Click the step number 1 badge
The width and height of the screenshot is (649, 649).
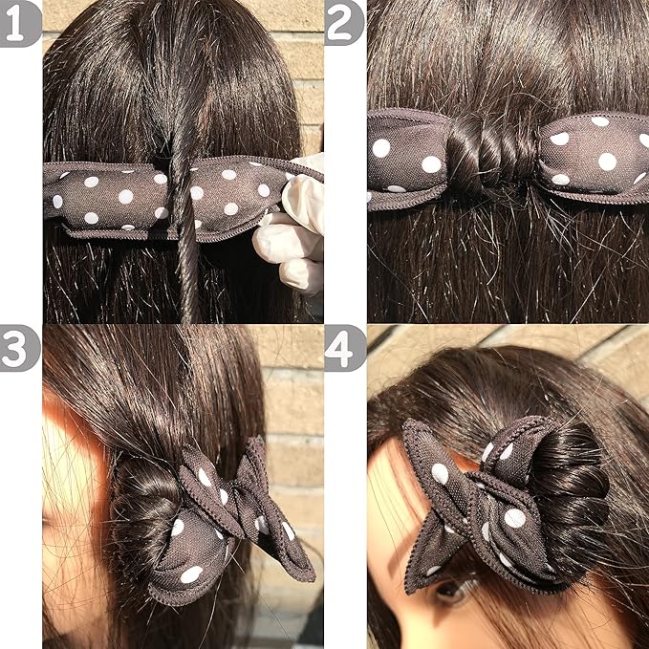coord(18,23)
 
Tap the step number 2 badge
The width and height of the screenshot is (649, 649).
coord(343,23)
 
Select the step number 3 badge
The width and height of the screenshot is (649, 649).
coord(18,348)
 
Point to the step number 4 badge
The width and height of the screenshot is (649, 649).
coord(343,348)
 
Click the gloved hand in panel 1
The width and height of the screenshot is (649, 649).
coord(292,226)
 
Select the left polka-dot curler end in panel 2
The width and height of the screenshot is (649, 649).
coord(408,160)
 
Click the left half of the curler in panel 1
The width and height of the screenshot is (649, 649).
coord(108,199)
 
